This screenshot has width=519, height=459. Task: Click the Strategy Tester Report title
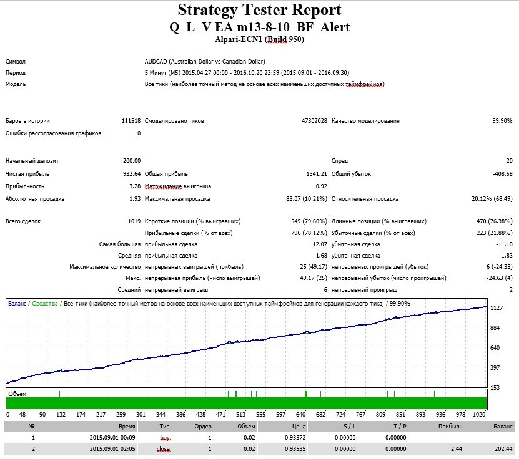pos(259,10)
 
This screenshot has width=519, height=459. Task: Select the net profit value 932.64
pos(132,174)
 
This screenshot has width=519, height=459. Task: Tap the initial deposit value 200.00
pos(132,161)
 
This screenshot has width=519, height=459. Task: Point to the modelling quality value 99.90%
pos(502,121)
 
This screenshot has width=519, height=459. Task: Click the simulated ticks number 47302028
pos(314,121)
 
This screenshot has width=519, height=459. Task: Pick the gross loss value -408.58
pos(503,174)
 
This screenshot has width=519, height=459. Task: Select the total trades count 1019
pos(134,221)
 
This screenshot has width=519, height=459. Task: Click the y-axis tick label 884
pos(495,328)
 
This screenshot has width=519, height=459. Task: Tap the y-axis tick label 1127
pos(496,308)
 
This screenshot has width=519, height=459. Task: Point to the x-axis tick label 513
pos(240,414)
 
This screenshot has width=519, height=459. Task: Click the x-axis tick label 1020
pos(479,414)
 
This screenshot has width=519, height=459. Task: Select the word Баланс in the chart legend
pos(17,303)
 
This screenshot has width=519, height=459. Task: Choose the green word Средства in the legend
pos(45,303)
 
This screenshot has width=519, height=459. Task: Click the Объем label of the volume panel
pos(17,394)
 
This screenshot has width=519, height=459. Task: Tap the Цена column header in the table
pos(299,427)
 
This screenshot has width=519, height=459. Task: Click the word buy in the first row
pos(165,438)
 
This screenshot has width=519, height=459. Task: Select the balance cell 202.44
pos(503,449)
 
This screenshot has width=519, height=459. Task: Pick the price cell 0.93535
pos(295,449)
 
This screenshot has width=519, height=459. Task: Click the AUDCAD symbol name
pos(156,62)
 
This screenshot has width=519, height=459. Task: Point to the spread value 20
pos(509,161)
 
